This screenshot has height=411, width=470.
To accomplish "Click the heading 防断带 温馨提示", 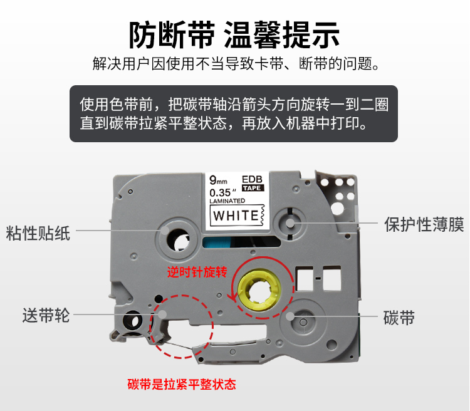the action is click(234, 35).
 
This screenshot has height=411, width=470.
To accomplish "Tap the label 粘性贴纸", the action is click(38, 233).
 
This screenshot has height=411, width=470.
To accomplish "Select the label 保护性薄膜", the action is click(424, 224).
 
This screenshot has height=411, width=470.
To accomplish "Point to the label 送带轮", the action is click(46, 315).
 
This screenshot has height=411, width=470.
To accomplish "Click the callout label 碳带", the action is click(399, 318).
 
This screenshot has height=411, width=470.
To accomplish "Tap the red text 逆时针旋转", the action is click(197, 272).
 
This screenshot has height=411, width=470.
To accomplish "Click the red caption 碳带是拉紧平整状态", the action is click(182, 384).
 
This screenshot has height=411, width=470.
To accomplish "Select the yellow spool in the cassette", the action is click(259, 290).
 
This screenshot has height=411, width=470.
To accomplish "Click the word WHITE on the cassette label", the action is click(236, 216).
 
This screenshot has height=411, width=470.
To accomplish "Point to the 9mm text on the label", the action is click(218, 180).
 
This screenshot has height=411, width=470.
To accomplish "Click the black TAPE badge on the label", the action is click(253, 188).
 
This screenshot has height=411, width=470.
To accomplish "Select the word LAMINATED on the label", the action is click(227, 201).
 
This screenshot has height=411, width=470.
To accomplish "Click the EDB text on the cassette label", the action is click(252, 179).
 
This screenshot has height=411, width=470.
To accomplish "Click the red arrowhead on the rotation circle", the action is click(232, 296).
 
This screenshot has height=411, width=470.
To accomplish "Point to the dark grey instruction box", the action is click(234, 113).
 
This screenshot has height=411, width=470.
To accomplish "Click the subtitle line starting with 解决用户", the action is click(236, 63).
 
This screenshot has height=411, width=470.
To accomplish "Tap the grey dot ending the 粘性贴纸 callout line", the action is click(165, 231).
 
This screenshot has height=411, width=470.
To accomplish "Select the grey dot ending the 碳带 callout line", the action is click(290, 316).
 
